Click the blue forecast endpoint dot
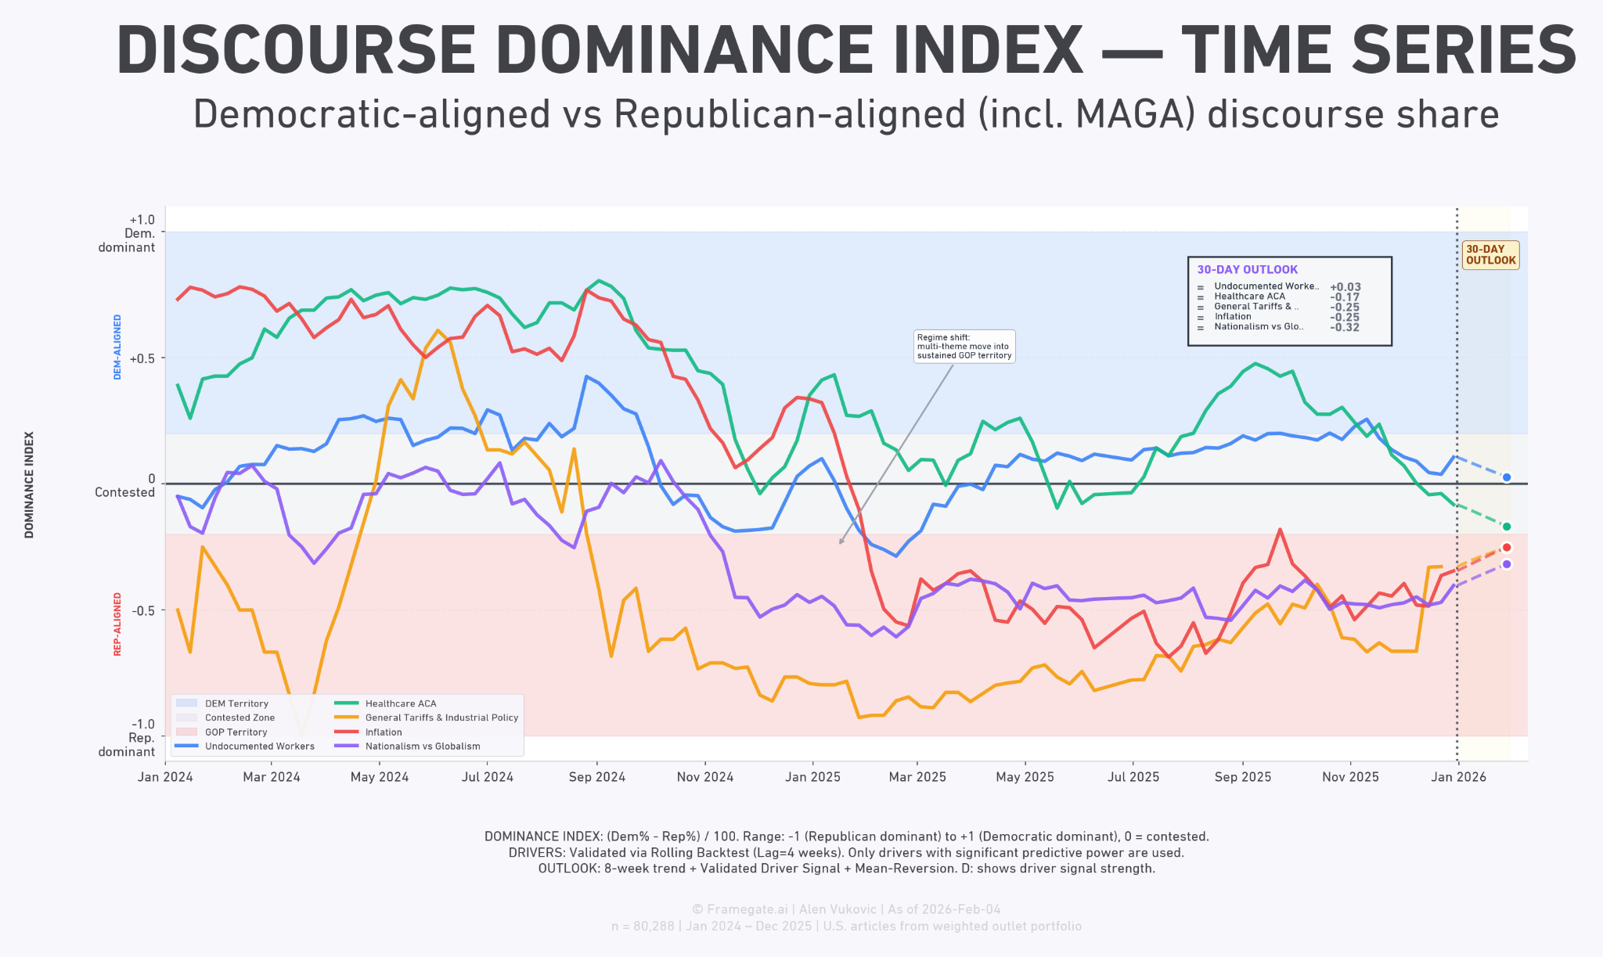(x=1506, y=477)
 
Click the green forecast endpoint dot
(x=1506, y=527)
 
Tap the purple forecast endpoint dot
(x=1506, y=564)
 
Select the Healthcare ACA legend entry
(x=385, y=703)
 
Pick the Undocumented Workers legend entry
(x=244, y=747)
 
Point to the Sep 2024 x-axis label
(x=597, y=777)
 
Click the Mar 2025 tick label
(x=917, y=777)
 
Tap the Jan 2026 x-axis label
(x=1458, y=777)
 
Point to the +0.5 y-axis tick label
(x=142, y=358)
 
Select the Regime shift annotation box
(x=964, y=346)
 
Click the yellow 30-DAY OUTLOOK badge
(x=1490, y=255)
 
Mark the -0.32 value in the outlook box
(x=1345, y=327)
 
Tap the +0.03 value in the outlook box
(x=1345, y=287)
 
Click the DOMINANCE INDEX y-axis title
(x=29, y=485)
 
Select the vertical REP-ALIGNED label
(x=117, y=624)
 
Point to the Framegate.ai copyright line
(x=846, y=909)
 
